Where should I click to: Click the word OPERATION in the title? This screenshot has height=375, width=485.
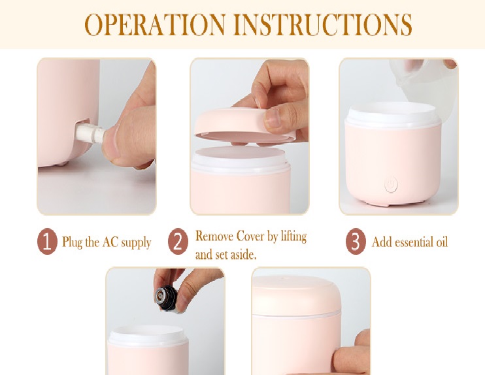click(156, 24)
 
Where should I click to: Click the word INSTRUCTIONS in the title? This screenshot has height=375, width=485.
click(323, 24)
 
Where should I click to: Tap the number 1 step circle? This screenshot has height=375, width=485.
click(47, 242)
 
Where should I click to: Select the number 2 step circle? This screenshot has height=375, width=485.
click(178, 242)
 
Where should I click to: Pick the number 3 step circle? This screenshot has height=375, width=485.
click(356, 242)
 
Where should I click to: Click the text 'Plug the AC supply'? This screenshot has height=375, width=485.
click(107, 242)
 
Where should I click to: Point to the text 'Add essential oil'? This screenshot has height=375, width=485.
click(410, 242)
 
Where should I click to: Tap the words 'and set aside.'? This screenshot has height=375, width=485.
click(226, 254)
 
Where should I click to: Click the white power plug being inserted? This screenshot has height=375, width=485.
click(90, 133)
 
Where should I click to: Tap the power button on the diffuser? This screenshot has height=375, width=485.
click(391, 185)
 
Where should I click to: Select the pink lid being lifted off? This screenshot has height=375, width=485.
click(246, 126)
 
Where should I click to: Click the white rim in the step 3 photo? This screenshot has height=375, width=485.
click(393, 114)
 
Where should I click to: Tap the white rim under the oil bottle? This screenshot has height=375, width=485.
click(148, 335)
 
